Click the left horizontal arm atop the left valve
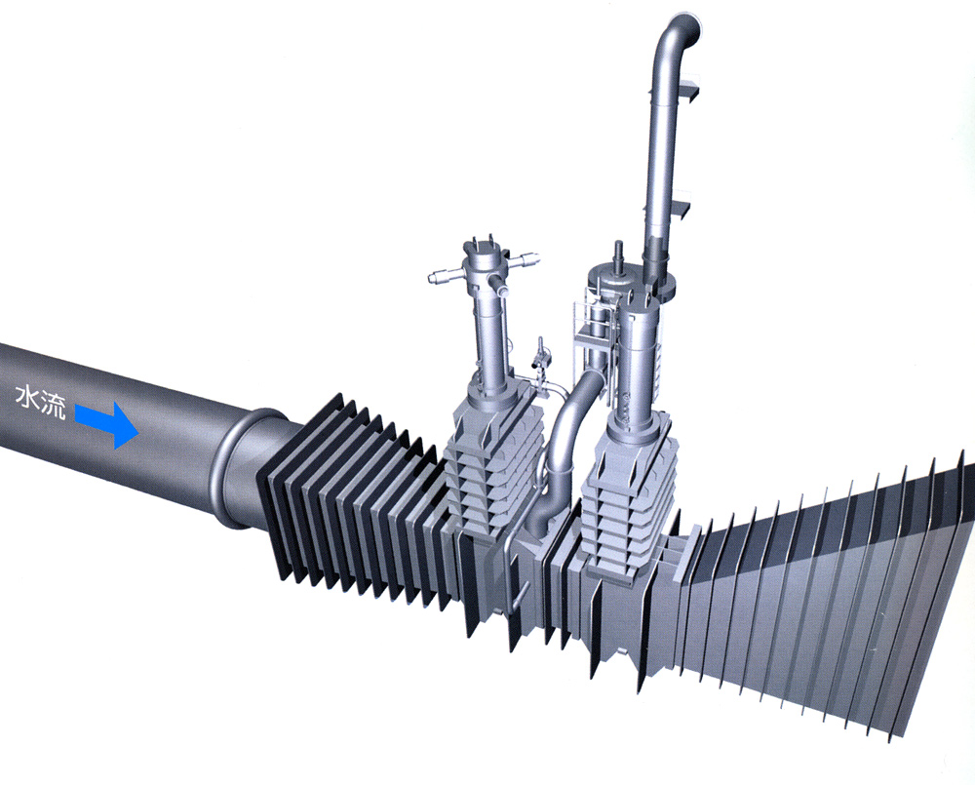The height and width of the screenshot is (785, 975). click(448, 276)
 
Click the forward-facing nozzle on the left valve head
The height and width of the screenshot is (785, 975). click(498, 285)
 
